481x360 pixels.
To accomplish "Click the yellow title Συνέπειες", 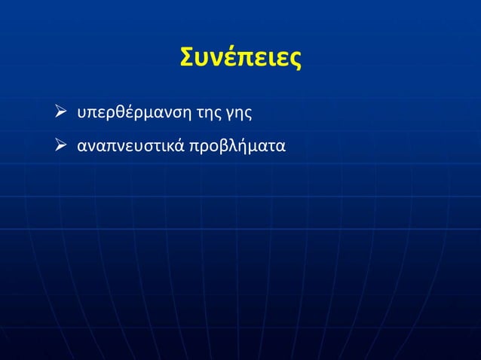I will click(x=240, y=58).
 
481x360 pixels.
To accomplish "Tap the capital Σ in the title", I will click(x=188, y=58).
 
